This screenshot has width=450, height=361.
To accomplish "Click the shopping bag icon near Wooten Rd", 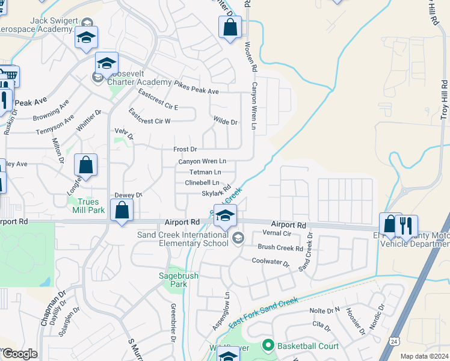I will (230, 28).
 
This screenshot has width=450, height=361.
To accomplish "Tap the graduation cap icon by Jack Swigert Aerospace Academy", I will (86, 38).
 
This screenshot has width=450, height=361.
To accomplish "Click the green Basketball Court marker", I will (268, 345).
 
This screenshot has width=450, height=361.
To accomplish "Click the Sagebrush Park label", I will (183, 280).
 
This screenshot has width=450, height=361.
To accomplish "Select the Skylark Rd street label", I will (216, 193).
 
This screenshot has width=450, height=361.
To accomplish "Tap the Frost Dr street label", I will (185, 149).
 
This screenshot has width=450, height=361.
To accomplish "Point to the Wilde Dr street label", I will (226, 122).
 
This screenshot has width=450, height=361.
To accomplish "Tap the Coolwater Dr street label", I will (271, 262).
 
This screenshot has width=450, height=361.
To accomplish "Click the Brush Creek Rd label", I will (280, 247).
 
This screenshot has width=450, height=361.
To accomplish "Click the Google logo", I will (19, 354).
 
